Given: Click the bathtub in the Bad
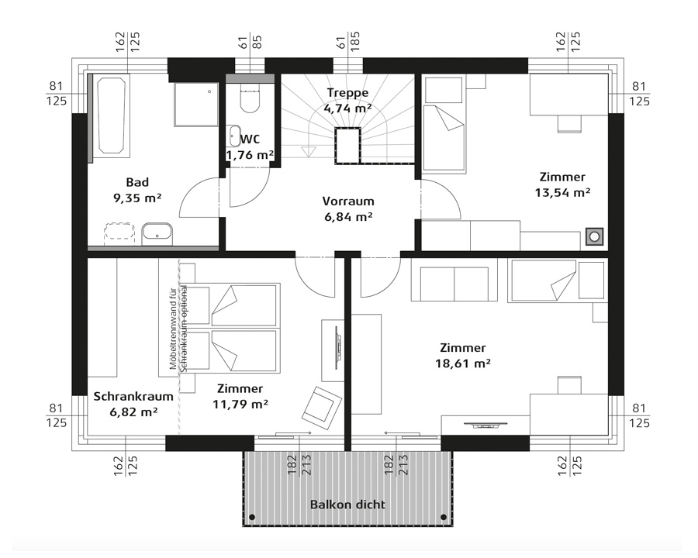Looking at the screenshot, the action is (x=111, y=115).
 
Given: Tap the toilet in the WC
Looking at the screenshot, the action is (x=249, y=98).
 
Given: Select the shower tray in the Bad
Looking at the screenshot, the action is (x=196, y=104).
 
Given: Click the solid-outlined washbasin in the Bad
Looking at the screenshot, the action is (x=157, y=233).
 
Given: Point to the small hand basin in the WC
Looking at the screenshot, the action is (x=234, y=136).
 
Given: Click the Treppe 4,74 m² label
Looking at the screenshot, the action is (x=347, y=101).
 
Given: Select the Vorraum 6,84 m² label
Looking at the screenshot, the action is (x=348, y=209).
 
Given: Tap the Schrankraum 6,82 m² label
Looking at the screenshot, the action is (x=133, y=404).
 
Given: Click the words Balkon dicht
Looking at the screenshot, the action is (x=347, y=505).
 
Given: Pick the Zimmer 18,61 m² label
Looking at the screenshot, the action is (x=463, y=356).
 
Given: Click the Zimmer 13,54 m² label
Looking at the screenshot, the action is (x=563, y=184).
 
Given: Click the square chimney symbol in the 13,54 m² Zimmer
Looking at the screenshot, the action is (x=595, y=236).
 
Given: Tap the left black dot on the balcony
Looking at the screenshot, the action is (x=252, y=517).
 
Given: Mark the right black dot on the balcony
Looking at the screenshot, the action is (x=444, y=517).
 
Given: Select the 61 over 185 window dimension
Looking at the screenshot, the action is (x=348, y=41).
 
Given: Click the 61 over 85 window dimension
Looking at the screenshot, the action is (x=251, y=42).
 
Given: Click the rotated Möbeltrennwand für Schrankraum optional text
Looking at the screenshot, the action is (x=178, y=328).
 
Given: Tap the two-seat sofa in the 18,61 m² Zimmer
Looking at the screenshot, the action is (x=454, y=284).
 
